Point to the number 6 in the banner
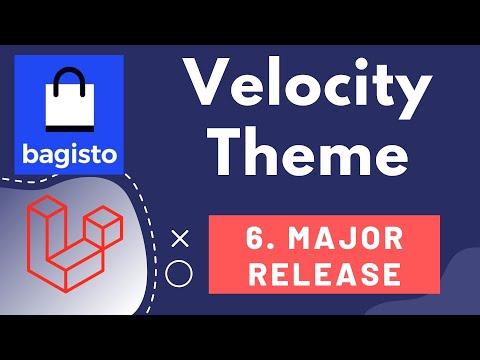[255, 240]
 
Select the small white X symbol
[180, 238]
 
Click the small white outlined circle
[180, 272]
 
